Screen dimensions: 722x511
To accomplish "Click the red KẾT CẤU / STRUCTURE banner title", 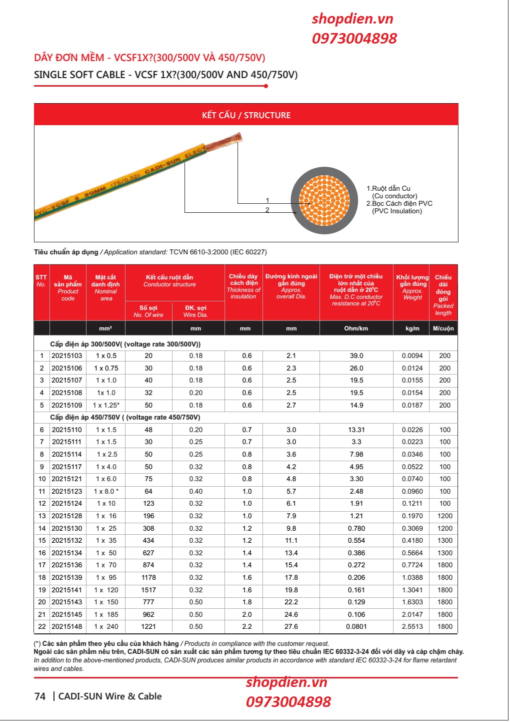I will [x=246, y=115].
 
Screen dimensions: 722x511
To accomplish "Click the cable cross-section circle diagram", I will [x=325, y=200].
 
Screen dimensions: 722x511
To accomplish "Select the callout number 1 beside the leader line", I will [x=267, y=200].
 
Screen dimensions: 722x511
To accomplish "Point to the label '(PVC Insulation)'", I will [x=397, y=211].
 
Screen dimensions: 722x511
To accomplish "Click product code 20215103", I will [x=67, y=356].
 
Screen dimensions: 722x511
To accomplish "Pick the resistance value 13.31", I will [x=356, y=430].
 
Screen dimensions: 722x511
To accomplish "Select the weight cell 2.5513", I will [x=412, y=627].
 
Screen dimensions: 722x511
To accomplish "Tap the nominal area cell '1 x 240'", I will [x=106, y=627].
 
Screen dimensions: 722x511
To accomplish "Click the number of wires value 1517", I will [x=148, y=590].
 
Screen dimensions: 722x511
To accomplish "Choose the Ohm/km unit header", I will [x=356, y=329].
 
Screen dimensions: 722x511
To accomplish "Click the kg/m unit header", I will [x=412, y=329].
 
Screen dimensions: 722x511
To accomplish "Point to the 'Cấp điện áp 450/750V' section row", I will [x=125, y=418].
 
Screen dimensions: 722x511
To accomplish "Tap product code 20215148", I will [x=67, y=627].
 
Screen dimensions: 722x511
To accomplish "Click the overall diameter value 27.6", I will [x=291, y=627].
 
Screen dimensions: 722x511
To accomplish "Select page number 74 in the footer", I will [x=40, y=696].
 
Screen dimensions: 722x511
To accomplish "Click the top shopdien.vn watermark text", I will [x=352, y=19].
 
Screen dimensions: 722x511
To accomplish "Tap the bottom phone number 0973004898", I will [x=288, y=702].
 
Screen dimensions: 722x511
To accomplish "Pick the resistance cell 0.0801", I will [x=356, y=627].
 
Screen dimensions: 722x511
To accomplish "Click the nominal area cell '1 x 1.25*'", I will [x=106, y=406].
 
